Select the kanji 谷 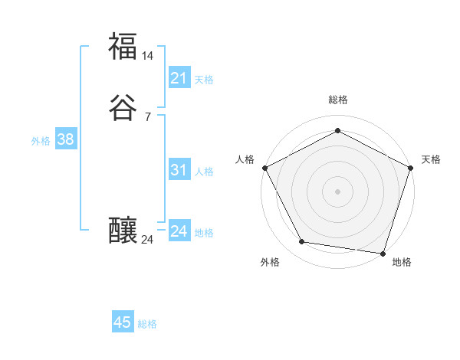123,108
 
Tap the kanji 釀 123,230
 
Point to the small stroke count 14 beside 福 148,56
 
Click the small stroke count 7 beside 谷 147,117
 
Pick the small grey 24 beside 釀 147,240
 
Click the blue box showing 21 179,78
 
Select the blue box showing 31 179,170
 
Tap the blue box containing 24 179,231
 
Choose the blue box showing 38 65,139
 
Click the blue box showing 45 122,322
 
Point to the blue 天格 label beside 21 203,80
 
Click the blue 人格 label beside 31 204,172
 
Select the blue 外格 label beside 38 41,141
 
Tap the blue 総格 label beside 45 147,324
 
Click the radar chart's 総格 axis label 337,100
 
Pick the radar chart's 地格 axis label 402,262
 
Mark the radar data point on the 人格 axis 264,167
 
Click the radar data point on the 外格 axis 302,242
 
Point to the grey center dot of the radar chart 337,191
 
